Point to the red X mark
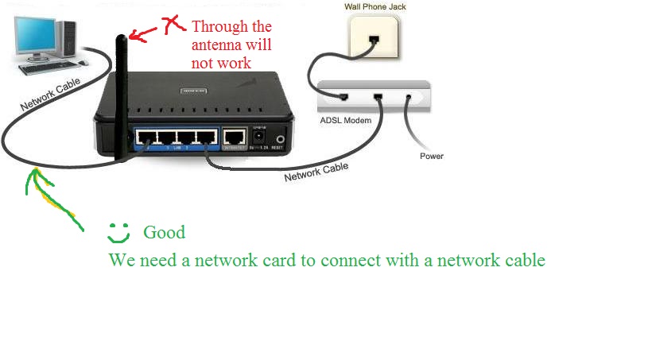pyautogui.click(x=170, y=26)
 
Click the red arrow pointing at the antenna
pyautogui.click(x=143, y=33)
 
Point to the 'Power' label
pyautogui.click(x=432, y=156)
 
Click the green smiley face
pyautogui.click(x=118, y=233)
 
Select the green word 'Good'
pyautogui.click(x=164, y=232)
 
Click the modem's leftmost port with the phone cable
pyautogui.click(x=343, y=97)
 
